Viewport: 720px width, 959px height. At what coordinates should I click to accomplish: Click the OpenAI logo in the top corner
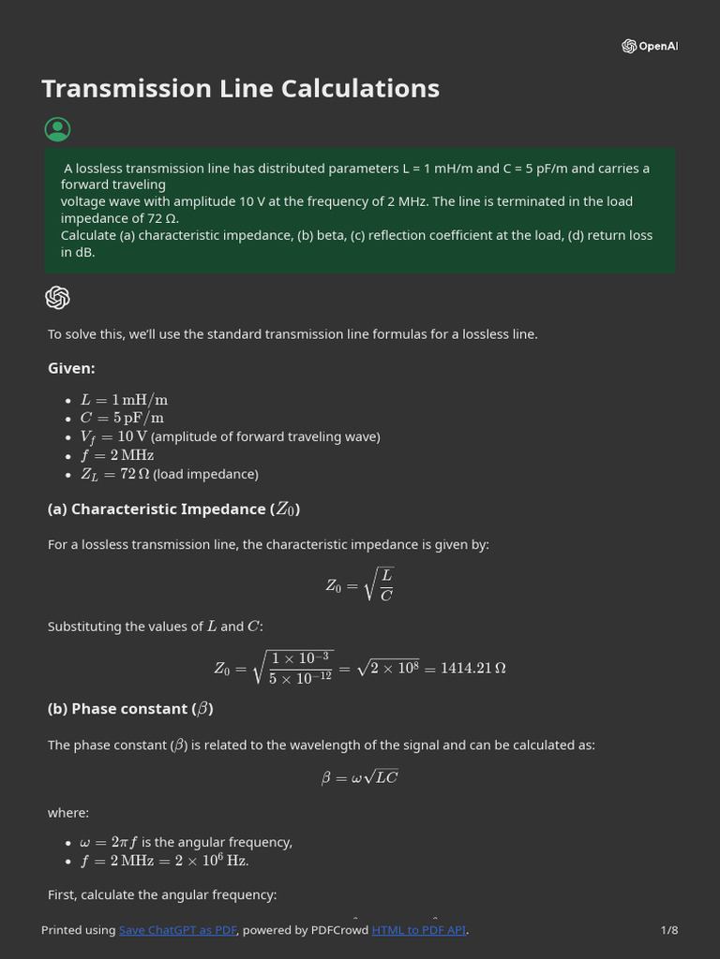[x=649, y=46]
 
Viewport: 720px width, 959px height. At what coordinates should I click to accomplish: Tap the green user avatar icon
[x=57, y=129]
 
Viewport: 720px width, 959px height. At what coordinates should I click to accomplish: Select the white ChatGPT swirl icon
[x=57, y=298]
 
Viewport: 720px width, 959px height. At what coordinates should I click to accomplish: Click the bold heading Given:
[x=71, y=368]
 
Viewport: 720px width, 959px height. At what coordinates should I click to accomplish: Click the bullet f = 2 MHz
[x=116, y=455]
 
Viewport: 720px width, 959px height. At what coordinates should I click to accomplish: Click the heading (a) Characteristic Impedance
[x=173, y=509]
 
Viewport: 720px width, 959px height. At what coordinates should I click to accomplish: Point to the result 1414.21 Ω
[x=472, y=668]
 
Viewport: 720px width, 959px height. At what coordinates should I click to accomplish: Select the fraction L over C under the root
[x=386, y=584]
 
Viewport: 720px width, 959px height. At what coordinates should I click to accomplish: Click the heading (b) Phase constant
[x=130, y=709]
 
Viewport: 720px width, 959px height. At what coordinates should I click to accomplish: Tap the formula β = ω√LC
[x=360, y=777]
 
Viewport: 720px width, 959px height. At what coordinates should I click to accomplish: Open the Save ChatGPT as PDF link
[x=178, y=930]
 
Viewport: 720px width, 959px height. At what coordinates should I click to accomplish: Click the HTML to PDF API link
[x=418, y=930]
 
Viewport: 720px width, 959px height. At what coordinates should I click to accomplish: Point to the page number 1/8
[x=668, y=930]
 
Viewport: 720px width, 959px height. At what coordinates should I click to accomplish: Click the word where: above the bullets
[x=67, y=813]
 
